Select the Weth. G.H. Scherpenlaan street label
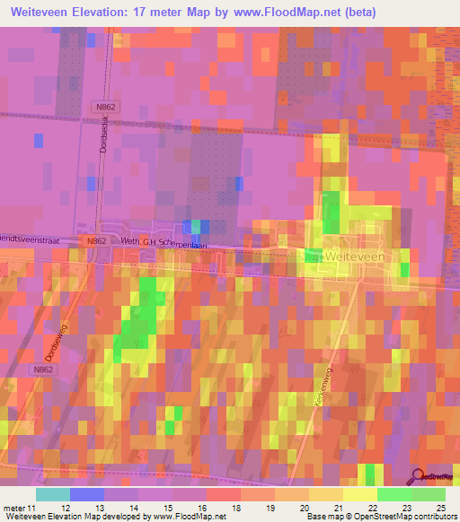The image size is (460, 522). tap(168, 242)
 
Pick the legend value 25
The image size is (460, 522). tap(439, 509)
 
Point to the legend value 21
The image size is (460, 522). tap(337, 509)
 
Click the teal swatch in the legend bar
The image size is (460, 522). tap(52, 494)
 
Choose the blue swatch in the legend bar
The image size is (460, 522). tap(86, 494)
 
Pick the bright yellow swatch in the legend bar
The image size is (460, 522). tap(359, 494)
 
